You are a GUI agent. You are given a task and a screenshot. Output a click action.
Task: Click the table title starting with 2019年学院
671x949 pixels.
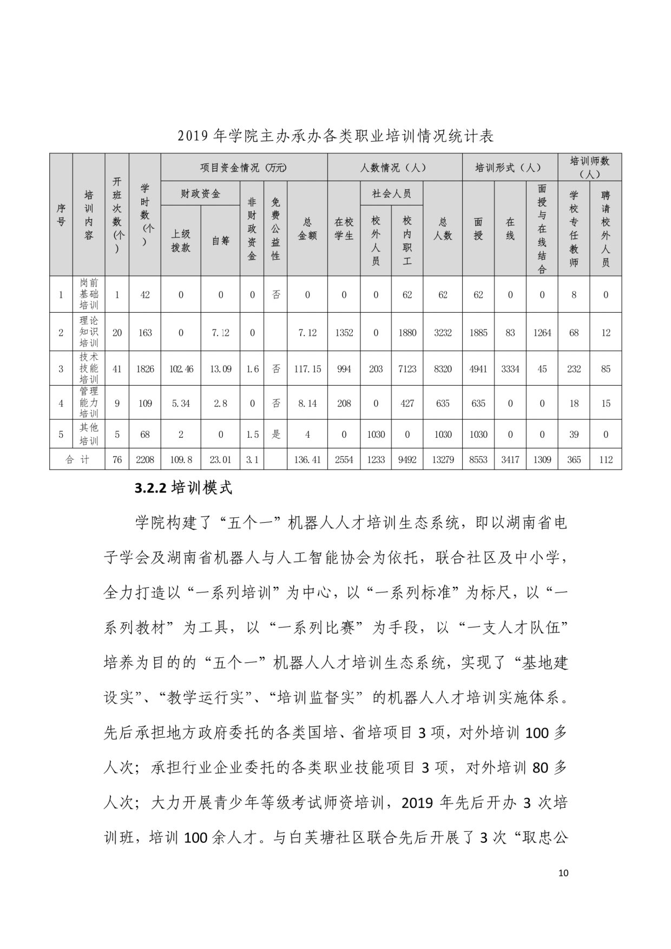coord(335,136)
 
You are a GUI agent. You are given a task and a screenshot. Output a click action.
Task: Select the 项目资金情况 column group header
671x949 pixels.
coord(244,167)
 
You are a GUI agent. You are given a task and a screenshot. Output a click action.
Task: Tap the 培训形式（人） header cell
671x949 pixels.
coord(508,167)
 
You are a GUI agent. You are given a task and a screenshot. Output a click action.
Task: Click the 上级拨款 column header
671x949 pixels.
coord(181,241)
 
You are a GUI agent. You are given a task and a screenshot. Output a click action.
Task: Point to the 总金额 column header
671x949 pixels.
coord(307,229)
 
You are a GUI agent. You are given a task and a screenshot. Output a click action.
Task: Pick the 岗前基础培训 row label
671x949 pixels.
coord(89,294)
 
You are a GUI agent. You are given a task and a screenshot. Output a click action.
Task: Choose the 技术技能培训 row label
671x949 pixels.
coord(89,368)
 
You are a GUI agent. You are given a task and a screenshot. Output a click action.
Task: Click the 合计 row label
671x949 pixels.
coord(77,459)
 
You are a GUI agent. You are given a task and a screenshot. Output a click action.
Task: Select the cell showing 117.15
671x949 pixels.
coord(307,369)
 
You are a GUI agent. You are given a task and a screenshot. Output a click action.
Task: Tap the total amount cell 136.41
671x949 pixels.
coord(307,459)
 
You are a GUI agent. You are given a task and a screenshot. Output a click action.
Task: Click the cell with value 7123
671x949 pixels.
coord(407,369)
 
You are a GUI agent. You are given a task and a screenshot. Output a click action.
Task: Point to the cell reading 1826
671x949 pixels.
coord(145,369)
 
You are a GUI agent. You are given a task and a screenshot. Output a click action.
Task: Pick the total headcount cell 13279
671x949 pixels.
coord(443,459)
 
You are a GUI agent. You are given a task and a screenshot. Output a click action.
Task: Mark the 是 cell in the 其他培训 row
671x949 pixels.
coord(275,434)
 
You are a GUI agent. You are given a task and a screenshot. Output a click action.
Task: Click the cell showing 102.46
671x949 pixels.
coord(181,369)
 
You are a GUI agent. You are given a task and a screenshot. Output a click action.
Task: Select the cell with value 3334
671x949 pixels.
coord(510,369)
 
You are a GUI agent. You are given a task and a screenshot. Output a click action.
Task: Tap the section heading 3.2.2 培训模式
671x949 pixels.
coord(183,488)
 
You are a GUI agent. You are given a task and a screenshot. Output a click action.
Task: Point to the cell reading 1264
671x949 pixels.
coord(542,333)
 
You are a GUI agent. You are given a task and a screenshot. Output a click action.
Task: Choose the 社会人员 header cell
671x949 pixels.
coord(391,194)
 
